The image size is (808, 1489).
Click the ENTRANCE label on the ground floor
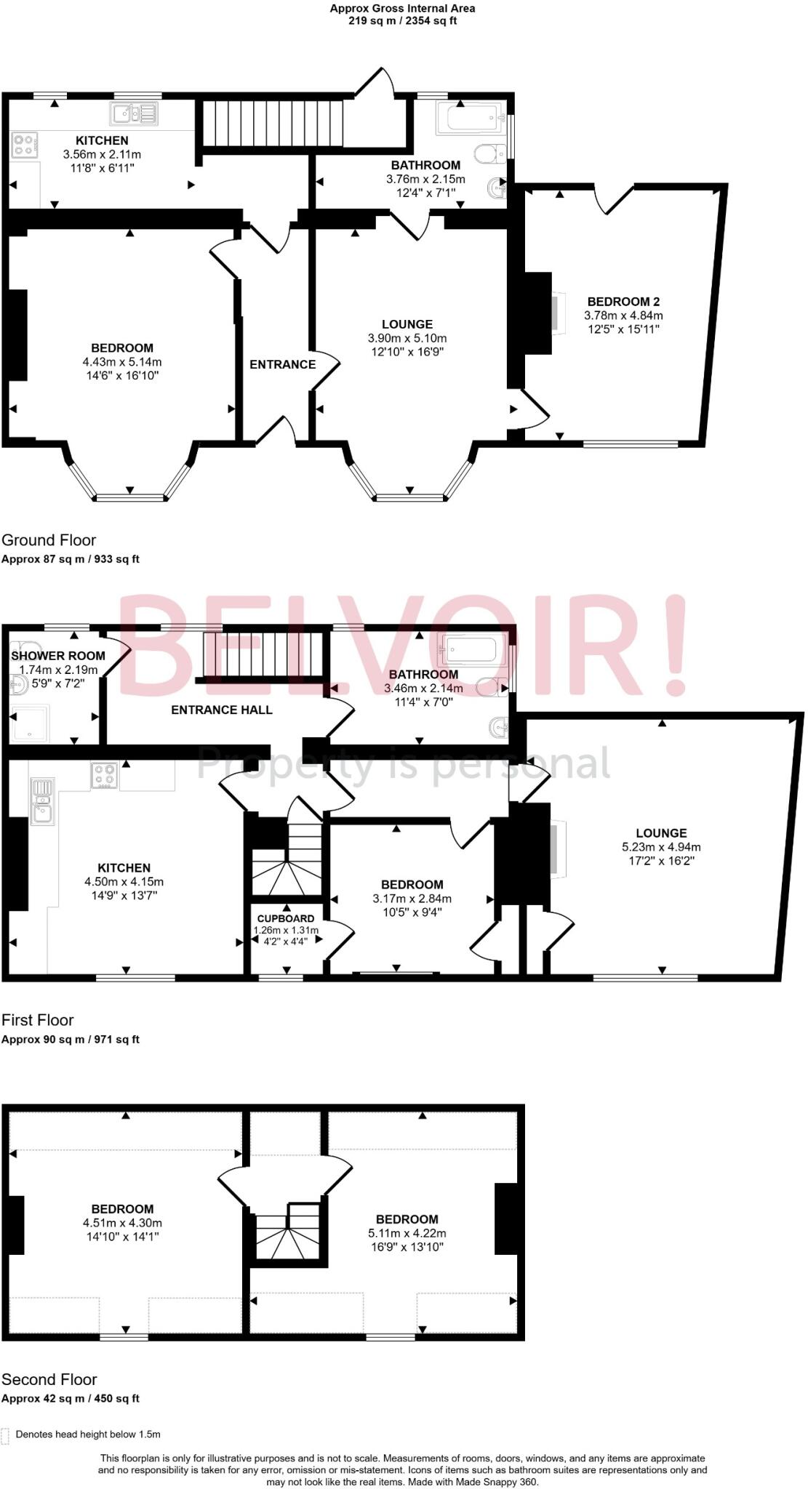click(x=282, y=364)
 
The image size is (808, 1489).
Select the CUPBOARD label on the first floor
click(x=286, y=918)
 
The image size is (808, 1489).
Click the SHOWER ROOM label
click(x=58, y=656)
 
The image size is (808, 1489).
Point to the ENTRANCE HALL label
click(x=222, y=710)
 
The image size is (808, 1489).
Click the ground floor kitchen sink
click(x=134, y=113)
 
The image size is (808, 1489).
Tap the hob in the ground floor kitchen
click(x=24, y=145)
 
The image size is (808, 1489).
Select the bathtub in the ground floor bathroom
click(x=469, y=117)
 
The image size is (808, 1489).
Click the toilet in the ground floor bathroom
click(x=489, y=153)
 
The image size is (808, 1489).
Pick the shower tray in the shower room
click(x=30, y=723)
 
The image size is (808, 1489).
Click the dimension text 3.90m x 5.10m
click(x=407, y=338)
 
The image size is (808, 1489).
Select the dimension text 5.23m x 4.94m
click(x=661, y=847)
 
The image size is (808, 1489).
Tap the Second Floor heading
click(x=49, y=1379)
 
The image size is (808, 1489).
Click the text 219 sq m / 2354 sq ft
click(x=402, y=21)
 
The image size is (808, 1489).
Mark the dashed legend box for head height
click(x=6, y=1435)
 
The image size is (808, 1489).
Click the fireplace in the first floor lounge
click(x=556, y=848)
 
